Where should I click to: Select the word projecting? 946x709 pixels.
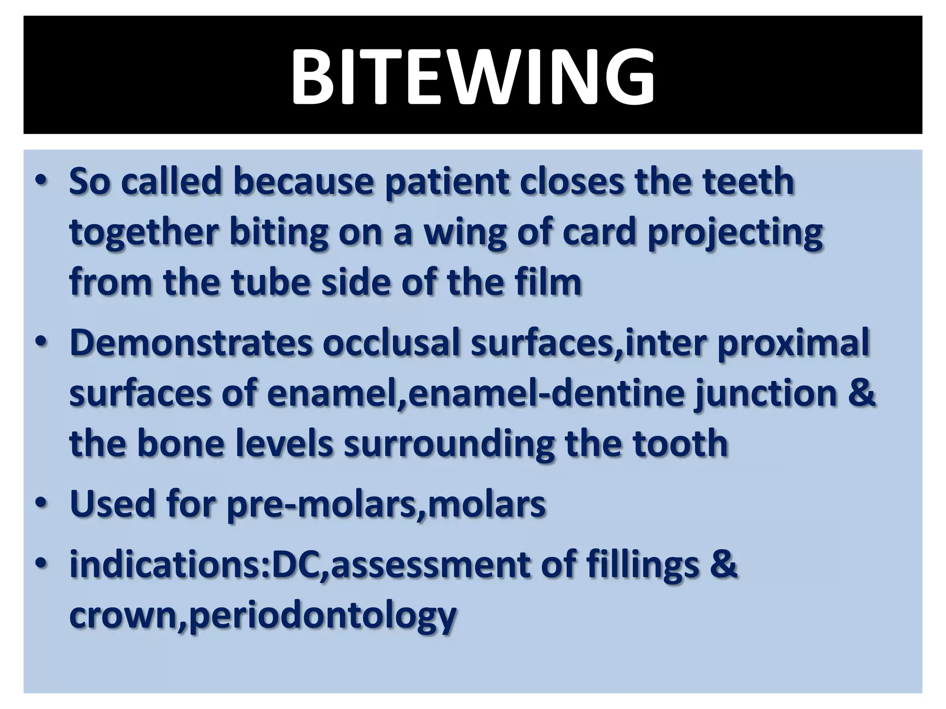click(x=734, y=232)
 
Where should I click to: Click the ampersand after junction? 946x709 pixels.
click(x=862, y=393)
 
